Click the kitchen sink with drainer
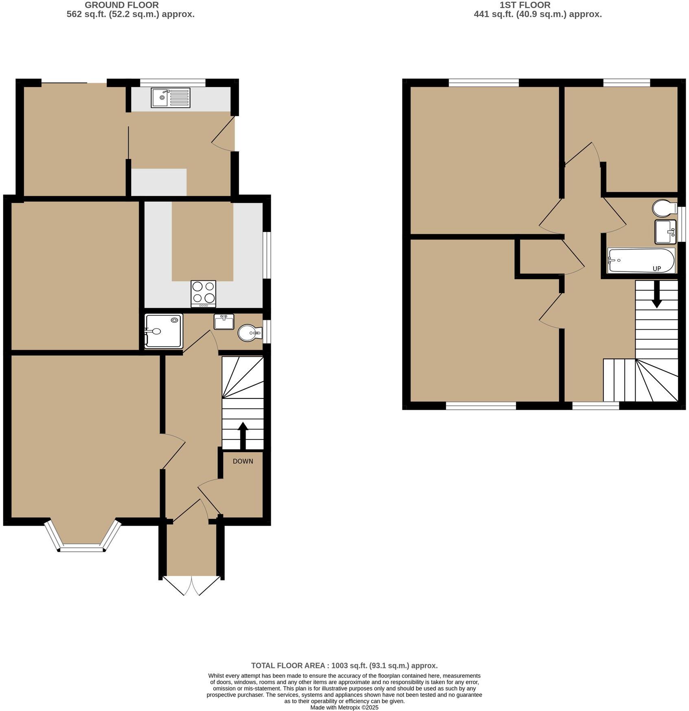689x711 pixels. click(x=170, y=98)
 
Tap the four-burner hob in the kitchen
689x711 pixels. click(x=203, y=294)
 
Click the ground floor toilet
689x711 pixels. click(x=248, y=333)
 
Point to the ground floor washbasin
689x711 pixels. click(x=224, y=322)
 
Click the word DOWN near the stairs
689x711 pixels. click(x=243, y=461)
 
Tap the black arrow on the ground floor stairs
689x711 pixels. click(x=243, y=435)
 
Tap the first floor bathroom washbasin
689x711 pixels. click(x=665, y=232)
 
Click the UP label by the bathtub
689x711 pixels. click(x=656, y=269)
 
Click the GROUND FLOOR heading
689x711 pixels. click(x=122, y=5)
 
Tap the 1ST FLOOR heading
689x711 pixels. click(x=525, y=5)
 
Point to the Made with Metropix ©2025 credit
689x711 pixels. click(x=344, y=707)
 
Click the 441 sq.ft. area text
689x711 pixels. click(x=538, y=14)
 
